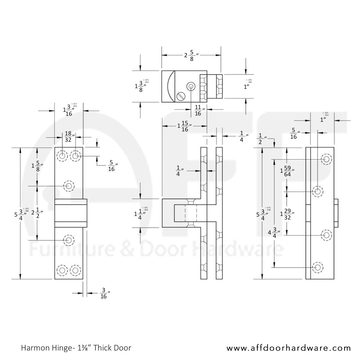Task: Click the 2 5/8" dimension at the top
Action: (192, 55)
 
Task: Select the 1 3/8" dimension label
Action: (141, 86)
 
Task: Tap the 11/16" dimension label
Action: (198, 110)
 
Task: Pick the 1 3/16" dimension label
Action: (68, 110)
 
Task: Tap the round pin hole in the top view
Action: (191, 86)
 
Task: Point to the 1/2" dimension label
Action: (262, 139)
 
